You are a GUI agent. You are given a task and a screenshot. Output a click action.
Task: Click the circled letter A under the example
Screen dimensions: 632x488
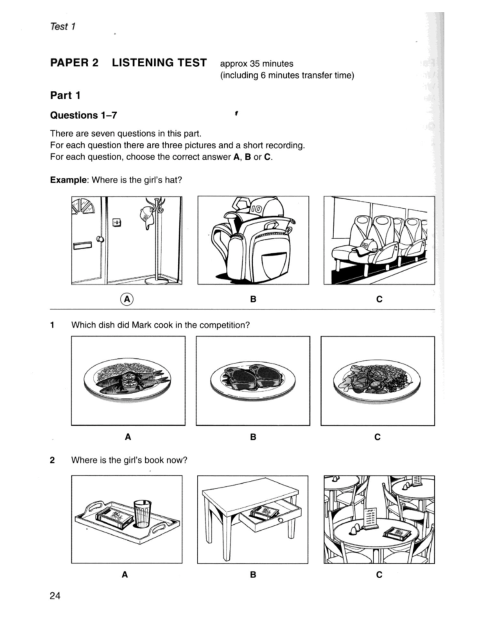(x=127, y=299)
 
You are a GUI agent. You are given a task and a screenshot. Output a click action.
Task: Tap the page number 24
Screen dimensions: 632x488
(x=55, y=596)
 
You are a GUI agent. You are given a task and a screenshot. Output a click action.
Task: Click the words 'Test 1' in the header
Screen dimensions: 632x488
(x=63, y=27)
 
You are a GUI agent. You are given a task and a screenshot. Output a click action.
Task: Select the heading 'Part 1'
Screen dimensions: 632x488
(x=65, y=96)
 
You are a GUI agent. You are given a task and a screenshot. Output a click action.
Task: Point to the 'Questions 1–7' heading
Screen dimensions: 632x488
(x=83, y=116)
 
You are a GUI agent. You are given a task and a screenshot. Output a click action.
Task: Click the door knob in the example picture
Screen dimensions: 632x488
(x=99, y=239)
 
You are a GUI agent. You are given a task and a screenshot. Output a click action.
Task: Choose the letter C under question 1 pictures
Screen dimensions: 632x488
(x=377, y=437)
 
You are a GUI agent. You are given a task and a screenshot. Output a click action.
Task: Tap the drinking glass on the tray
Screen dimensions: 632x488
(x=142, y=513)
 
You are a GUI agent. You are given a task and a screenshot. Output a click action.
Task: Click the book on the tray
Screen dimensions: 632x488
(x=114, y=516)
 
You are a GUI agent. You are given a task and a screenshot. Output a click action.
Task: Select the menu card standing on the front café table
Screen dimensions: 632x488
(x=370, y=518)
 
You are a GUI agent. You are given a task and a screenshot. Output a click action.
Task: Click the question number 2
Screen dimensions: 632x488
(x=52, y=460)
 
